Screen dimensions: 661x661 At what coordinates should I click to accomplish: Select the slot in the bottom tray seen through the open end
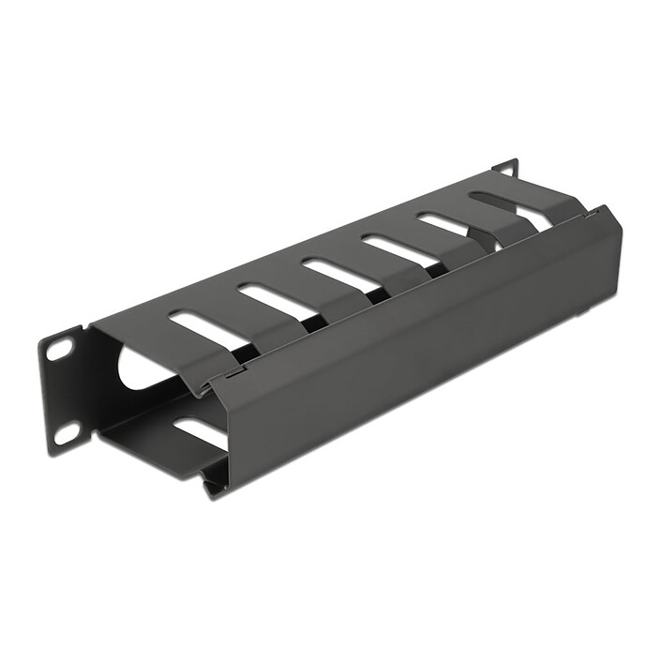point(199,432)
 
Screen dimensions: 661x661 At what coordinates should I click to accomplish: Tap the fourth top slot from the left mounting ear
point(393,249)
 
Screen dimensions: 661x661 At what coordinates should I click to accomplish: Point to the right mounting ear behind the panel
point(506,169)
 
